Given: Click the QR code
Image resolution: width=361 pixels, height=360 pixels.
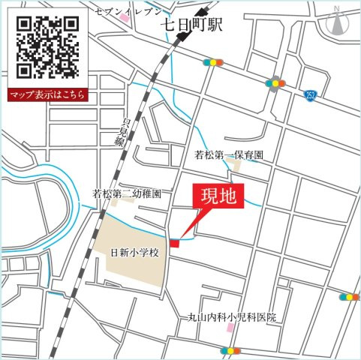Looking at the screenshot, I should click(47, 46).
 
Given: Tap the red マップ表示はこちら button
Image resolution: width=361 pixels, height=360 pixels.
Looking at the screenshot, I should click(47, 95).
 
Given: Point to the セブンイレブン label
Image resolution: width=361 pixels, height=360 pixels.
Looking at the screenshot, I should click(128, 11).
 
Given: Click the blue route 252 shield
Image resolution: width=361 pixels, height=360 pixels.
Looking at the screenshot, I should click(311, 94).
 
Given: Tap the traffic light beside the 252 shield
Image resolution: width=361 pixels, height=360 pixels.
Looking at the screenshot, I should click(276, 82).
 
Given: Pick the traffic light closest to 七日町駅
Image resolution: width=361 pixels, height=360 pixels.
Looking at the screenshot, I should click(213, 63).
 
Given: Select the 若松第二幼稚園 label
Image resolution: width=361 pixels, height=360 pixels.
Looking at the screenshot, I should click(126, 193).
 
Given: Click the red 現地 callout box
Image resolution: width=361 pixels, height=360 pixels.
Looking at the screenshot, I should click(219, 198).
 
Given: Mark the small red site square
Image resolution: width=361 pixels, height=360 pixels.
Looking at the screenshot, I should click(174, 243).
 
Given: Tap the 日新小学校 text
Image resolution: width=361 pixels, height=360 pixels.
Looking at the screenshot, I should click(135, 253).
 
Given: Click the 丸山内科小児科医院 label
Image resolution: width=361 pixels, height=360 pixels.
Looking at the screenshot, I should click(232, 318).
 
